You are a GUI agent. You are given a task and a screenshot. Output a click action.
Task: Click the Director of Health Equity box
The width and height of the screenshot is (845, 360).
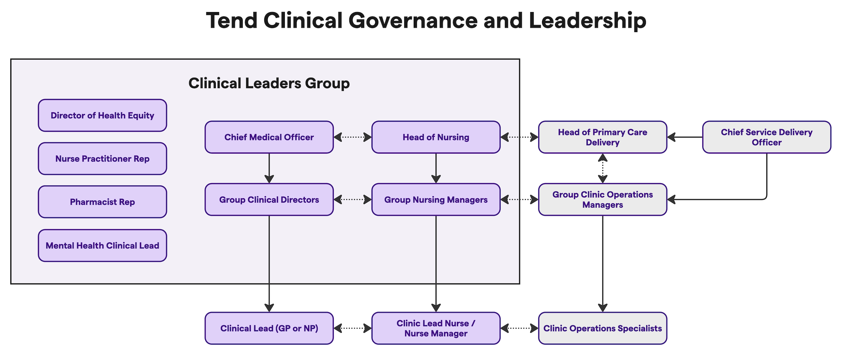click(x=102, y=115)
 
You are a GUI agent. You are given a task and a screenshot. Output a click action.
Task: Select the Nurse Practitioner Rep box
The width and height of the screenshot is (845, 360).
click(x=102, y=159)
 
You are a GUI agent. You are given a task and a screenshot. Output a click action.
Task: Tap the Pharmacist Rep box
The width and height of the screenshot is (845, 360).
click(x=102, y=202)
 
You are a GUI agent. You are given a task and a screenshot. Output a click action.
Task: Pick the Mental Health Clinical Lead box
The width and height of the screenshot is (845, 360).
click(x=102, y=246)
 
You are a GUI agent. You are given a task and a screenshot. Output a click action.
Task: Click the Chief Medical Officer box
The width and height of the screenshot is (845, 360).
click(x=269, y=137)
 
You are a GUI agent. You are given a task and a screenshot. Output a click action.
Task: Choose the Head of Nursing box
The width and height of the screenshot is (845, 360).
click(x=436, y=137)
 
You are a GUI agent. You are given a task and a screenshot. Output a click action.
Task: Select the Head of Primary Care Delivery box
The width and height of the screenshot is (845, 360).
click(x=603, y=137)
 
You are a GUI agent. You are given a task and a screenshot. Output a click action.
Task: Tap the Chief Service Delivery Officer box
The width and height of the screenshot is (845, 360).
click(x=767, y=137)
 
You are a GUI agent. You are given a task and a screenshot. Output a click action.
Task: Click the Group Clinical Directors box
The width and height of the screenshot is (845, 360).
click(x=269, y=199)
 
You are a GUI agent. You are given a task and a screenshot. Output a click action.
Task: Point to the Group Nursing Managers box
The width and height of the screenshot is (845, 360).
click(x=436, y=199)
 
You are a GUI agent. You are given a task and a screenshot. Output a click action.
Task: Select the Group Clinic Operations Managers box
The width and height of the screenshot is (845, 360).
click(x=603, y=199)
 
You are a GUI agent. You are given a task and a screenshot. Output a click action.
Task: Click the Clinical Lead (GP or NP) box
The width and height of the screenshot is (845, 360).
click(x=269, y=328)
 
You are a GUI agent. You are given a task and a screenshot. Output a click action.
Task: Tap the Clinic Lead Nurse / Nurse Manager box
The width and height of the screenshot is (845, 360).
click(x=436, y=328)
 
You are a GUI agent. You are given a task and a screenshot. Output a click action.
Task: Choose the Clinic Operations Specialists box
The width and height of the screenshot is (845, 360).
click(x=603, y=328)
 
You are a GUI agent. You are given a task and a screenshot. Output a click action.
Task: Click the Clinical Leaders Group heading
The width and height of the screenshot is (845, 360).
click(x=269, y=83)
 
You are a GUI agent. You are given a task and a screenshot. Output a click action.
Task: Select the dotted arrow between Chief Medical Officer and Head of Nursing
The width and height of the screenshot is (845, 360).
click(x=353, y=137)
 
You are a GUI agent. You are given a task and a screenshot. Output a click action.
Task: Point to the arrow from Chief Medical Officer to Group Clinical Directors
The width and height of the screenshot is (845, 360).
click(x=269, y=168)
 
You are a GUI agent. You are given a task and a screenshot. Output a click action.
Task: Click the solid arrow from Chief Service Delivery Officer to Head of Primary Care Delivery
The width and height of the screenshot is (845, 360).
click(x=685, y=137)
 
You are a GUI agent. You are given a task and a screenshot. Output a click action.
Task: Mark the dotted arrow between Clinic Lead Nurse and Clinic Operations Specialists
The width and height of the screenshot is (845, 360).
click(x=519, y=328)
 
